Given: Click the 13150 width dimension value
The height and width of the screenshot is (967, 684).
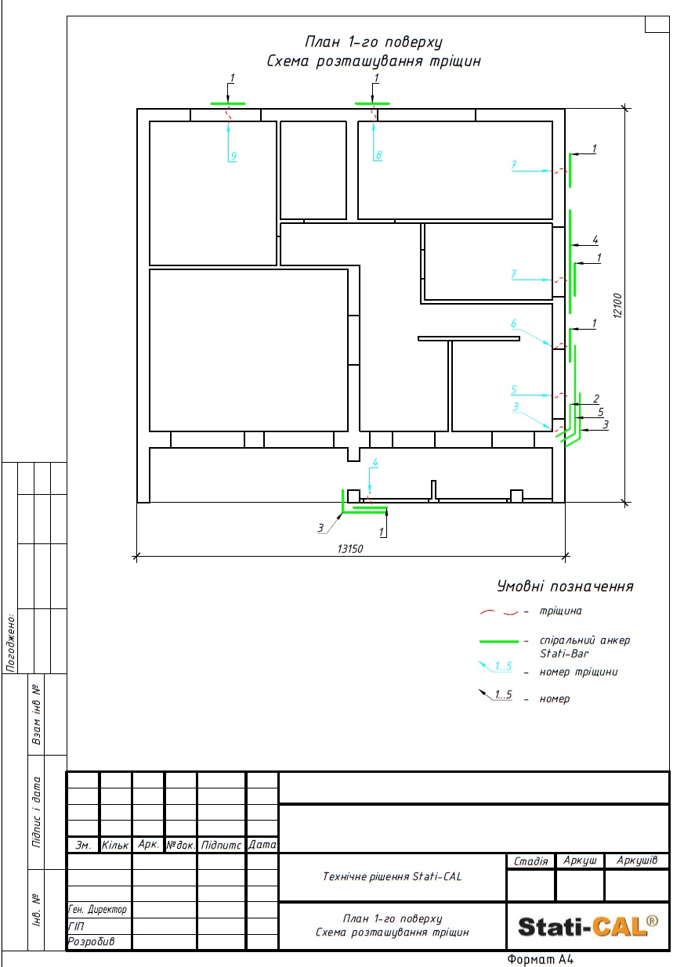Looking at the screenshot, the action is [350, 549].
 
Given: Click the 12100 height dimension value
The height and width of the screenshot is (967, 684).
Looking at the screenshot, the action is [617, 306].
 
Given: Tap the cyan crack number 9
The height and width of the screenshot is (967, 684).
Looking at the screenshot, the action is [233, 156].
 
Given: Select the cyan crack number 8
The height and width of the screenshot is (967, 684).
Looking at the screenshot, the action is [379, 155].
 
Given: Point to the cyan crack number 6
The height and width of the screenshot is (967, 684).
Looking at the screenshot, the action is [514, 323].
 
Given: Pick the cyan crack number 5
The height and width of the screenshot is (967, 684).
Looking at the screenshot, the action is [514, 389].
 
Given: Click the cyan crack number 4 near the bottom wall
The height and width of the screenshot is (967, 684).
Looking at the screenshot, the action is [375, 462].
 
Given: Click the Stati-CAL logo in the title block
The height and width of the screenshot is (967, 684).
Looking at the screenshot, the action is [588, 926].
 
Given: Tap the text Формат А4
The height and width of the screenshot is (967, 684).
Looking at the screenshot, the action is [540, 960].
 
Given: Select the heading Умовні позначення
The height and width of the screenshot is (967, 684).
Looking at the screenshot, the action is [565, 586].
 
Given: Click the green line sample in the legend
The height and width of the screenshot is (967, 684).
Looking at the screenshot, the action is [498, 641].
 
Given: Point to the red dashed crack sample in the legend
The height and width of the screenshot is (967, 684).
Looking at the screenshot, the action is [498, 612].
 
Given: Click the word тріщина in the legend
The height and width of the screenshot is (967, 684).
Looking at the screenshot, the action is [560, 611].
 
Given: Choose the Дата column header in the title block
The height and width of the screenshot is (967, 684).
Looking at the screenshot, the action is [262, 844].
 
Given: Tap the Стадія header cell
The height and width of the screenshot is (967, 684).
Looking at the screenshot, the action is [530, 861].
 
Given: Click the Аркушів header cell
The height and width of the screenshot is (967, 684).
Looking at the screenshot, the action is [637, 861].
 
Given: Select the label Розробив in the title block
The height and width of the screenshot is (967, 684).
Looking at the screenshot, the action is [91, 941].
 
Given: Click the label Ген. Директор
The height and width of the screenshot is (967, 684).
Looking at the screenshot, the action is [97, 910].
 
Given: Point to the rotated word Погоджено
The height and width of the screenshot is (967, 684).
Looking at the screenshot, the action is [11, 643].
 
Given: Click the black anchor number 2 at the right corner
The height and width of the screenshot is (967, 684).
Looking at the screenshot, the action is [596, 399].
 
